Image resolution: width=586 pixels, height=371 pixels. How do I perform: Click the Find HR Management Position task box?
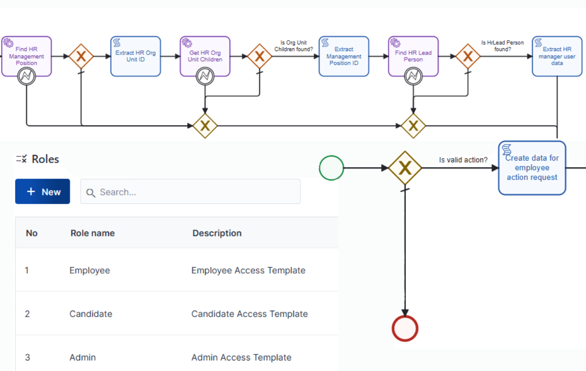pos(27,54)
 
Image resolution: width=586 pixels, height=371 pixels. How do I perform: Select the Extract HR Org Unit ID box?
pos(136,56)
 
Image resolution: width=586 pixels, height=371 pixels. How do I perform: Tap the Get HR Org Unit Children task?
pos(205,54)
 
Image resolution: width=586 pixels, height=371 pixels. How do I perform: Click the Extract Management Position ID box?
pos(344,56)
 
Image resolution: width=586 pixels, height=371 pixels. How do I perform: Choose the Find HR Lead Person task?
pos(413,54)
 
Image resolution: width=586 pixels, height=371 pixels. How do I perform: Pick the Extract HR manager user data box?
pos(557,56)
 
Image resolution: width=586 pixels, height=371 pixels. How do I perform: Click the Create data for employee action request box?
pos(532,168)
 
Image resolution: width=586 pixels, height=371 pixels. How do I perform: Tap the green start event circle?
pos(331,168)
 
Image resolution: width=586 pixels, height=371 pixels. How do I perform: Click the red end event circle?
pos(405,329)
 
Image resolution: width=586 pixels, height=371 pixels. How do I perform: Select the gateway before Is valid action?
pos(405,168)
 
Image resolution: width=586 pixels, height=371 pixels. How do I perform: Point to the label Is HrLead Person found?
pos(502,46)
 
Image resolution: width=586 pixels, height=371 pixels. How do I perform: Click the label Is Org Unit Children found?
pos(294,46)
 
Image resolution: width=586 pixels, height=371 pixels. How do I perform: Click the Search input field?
pos(191,192)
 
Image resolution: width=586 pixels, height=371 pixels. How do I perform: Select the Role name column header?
pos(93,233)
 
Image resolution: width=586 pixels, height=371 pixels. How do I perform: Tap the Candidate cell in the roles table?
pos(91,314)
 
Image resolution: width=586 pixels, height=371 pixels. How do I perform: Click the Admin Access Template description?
pos(241,357)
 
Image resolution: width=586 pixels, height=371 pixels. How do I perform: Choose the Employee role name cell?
pos(90,270)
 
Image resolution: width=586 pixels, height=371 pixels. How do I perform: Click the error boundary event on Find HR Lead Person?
pos(413,76)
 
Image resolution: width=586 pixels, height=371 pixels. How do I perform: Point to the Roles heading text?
pos(45,159)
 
